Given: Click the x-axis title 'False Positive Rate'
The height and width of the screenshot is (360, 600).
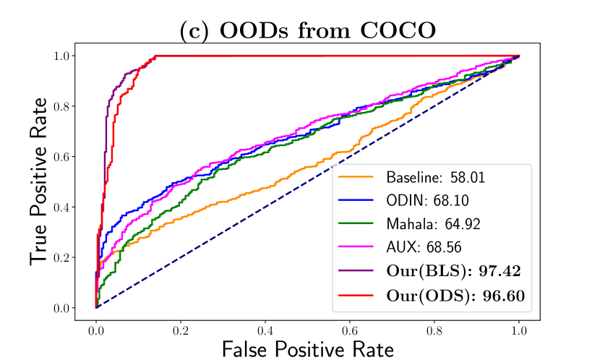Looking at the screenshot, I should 307,349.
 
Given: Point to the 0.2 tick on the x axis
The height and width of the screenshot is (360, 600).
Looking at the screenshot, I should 181,327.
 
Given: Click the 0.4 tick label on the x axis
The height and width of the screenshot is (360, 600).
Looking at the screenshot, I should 265,327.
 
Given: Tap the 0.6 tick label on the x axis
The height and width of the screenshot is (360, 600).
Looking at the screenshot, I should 350,327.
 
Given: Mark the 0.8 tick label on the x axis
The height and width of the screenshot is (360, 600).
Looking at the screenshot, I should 434,327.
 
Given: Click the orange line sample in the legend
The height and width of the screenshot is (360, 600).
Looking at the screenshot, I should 358,177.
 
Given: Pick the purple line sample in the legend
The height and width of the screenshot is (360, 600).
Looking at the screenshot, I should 358,272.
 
